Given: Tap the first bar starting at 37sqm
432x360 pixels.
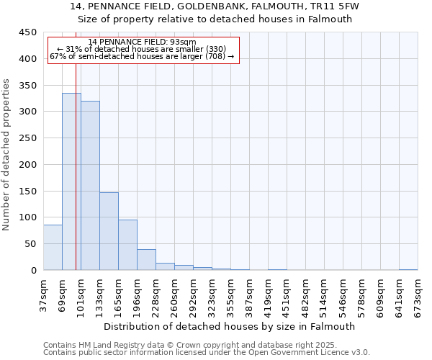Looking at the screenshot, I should pyautogui.click(x=53, y=248).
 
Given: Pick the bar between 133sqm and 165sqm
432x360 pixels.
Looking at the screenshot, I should pyautogui.click(x=109, y=231).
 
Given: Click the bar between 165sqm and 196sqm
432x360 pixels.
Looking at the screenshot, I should pyautogui.click(x=127, y=245).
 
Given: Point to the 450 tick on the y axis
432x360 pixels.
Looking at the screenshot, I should pyautogui.click(x=28, y=32).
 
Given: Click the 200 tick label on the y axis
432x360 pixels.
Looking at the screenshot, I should pyautogui.click(x=28, y=165).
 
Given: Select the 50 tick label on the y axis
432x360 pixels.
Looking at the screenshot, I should pyautogui.click(x=31, y=244).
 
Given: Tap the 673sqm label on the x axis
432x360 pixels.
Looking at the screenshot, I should pyautogui.click(x=418, y=296).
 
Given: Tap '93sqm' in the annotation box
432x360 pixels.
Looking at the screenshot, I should pyautogui.click(x=181, y=42).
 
